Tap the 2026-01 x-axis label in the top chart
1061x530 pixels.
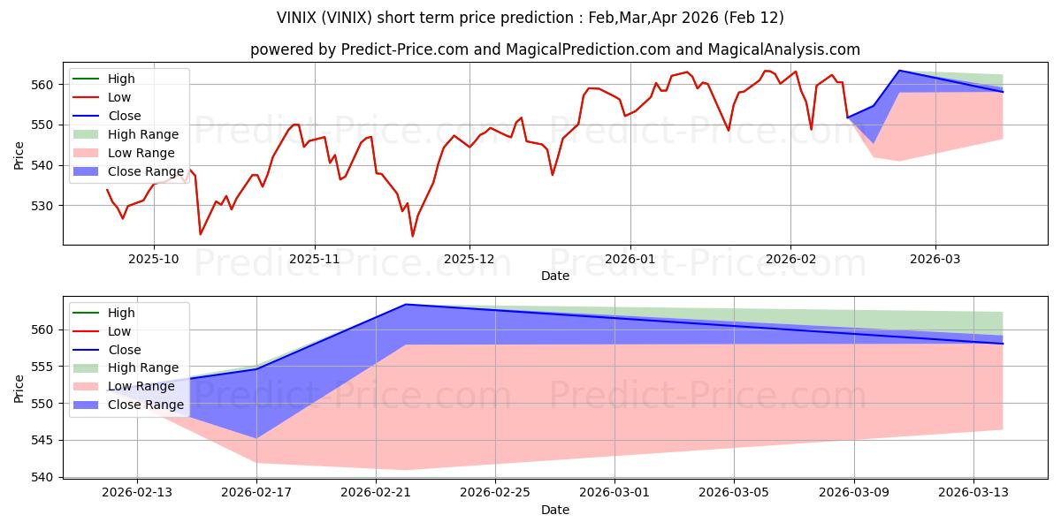pos(630,260)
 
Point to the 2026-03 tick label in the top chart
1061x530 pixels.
pos(935,260)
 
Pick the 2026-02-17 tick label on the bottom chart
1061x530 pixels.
pos(256,494)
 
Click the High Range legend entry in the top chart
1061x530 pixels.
pos(142,134)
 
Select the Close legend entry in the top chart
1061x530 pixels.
pos(124,116)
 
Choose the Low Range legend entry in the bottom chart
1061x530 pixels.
pos(141,386)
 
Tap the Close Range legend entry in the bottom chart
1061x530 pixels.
pos(145,405)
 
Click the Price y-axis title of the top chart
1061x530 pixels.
pos(19,155)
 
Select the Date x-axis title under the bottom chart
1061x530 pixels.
pos(555,510)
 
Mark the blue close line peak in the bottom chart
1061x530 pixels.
pos(405,305)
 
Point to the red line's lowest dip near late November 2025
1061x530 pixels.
pos(412,236)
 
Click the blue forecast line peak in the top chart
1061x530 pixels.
pos(899,71)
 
